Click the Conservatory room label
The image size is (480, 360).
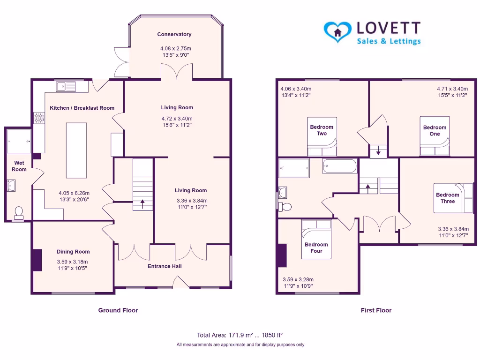coord(174,34)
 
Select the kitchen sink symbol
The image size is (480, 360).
coord(66,86)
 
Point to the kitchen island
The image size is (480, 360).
coord(76,150)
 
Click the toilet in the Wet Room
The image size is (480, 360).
coord(19,213)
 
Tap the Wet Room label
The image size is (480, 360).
coord(19,166)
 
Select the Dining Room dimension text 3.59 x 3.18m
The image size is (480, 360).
coord(72,262)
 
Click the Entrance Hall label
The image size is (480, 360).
coord(165,266)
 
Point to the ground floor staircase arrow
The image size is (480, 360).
coord(142,204)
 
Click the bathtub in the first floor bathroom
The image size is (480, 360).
coord(340,166)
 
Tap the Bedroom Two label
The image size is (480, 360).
coord(322,130)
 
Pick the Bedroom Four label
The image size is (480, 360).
coord(316,247)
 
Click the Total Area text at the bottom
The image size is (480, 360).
coord(240,335)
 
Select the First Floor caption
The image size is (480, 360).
coord(376,310)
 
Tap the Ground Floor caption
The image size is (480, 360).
coord(118,310)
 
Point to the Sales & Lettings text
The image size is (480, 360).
coord(389,41)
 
